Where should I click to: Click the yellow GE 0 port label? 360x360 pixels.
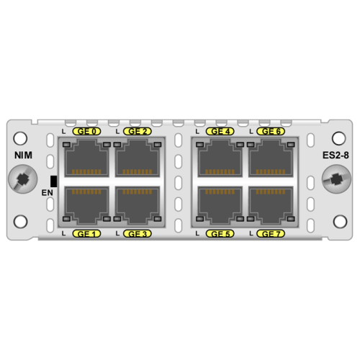click(86, 131)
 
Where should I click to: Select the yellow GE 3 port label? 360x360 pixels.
click(138, 234)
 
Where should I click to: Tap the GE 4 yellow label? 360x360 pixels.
click(220, 131)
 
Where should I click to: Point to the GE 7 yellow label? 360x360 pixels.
click(271, 234)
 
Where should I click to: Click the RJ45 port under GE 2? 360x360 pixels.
click(138, 158)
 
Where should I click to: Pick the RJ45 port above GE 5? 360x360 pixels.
click(220, 205)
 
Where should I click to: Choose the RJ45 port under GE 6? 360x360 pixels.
click(271, 158)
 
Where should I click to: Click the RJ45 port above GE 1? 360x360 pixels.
click(86, 205)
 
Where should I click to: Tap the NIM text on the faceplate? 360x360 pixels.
click(23, 156)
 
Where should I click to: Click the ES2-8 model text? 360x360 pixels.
click(336, 156)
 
